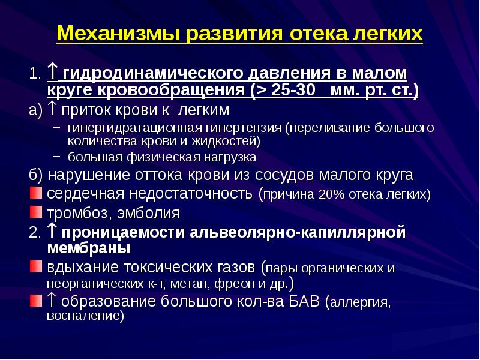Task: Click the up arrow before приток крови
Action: pos(53,109)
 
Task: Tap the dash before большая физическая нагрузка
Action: pos(56,156)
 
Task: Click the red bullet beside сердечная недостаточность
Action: pos(36,193)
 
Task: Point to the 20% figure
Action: pos(332,194)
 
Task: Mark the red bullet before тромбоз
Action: pos(36,212)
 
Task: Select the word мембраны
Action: pos(89,248)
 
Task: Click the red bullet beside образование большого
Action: pos(36,301)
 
